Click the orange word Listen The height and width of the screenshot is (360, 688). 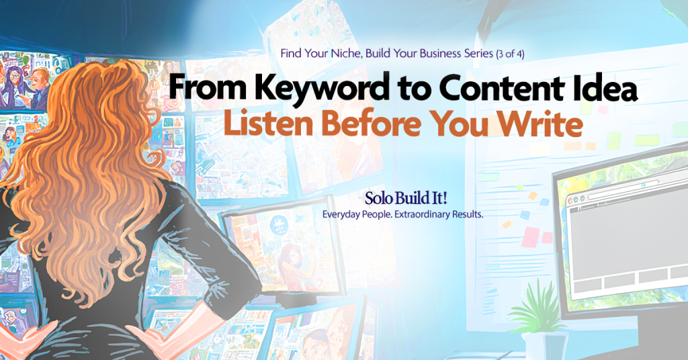269,123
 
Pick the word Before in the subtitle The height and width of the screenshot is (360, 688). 371,123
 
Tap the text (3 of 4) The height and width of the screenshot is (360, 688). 510,54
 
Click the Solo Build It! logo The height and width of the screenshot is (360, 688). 406,198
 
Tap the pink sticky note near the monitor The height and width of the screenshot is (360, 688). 531,237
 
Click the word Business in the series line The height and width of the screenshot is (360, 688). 440,54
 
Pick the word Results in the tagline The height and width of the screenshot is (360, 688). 468,214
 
